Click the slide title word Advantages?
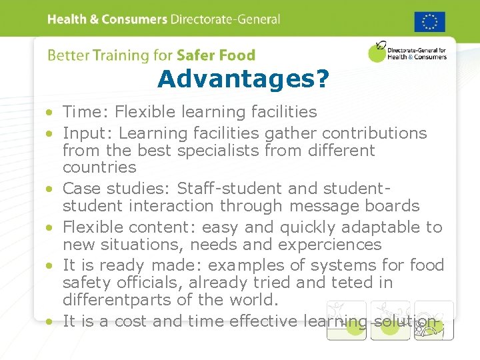coord(243,79)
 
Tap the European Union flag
coord(430,21)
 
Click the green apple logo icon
coord(377,53)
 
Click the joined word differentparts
coord(121,300)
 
